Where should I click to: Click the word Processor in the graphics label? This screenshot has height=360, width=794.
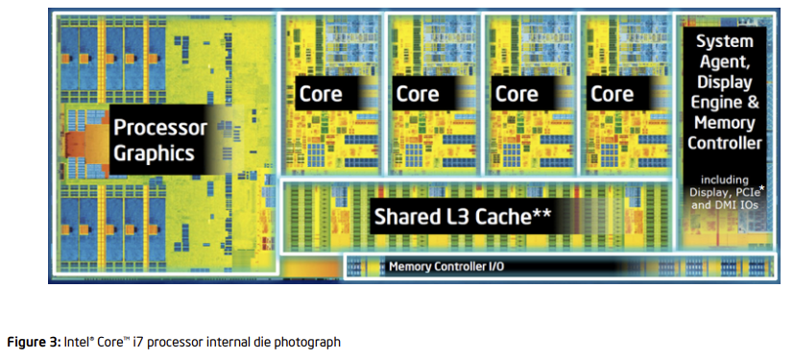click(x=160, y=127)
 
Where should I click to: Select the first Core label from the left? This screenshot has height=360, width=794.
click(x=321, y=94)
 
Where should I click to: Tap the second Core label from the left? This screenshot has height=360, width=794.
click(x=418, y=94)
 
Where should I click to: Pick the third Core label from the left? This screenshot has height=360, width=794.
click(x=516, y=94)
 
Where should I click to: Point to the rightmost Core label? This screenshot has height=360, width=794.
click(x=612, y=94)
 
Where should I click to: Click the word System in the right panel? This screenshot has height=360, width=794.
click(x=725, y=42)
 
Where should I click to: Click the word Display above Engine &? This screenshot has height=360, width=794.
click(x=725, y=83)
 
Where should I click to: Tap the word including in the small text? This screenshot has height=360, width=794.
click(x=725, y=180)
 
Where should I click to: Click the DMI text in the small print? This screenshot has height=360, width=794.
click(x=729, y=204)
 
